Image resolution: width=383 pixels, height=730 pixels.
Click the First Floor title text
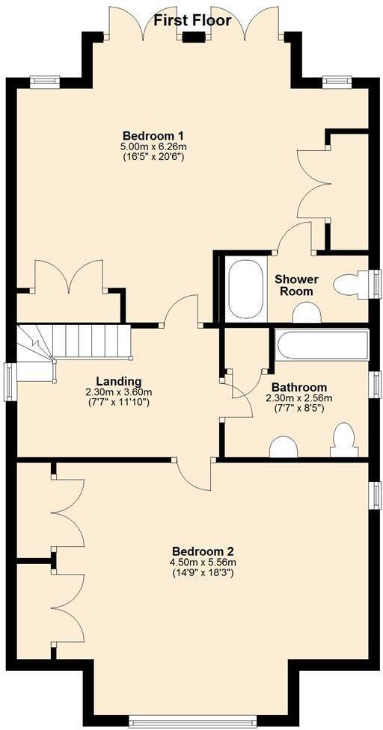pos(192,20)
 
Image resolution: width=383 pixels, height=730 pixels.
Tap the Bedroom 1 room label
pos(153,135)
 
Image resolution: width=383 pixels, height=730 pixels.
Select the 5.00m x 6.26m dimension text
pos(153,146)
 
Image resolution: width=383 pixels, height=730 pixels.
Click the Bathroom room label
pos(298,387)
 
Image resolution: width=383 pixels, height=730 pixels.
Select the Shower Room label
pos(296,285)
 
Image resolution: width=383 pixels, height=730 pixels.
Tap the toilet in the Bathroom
pos(344,440)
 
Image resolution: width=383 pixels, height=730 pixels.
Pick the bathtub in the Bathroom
pos(322,345)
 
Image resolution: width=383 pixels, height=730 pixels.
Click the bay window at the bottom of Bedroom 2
pos(192,721)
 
